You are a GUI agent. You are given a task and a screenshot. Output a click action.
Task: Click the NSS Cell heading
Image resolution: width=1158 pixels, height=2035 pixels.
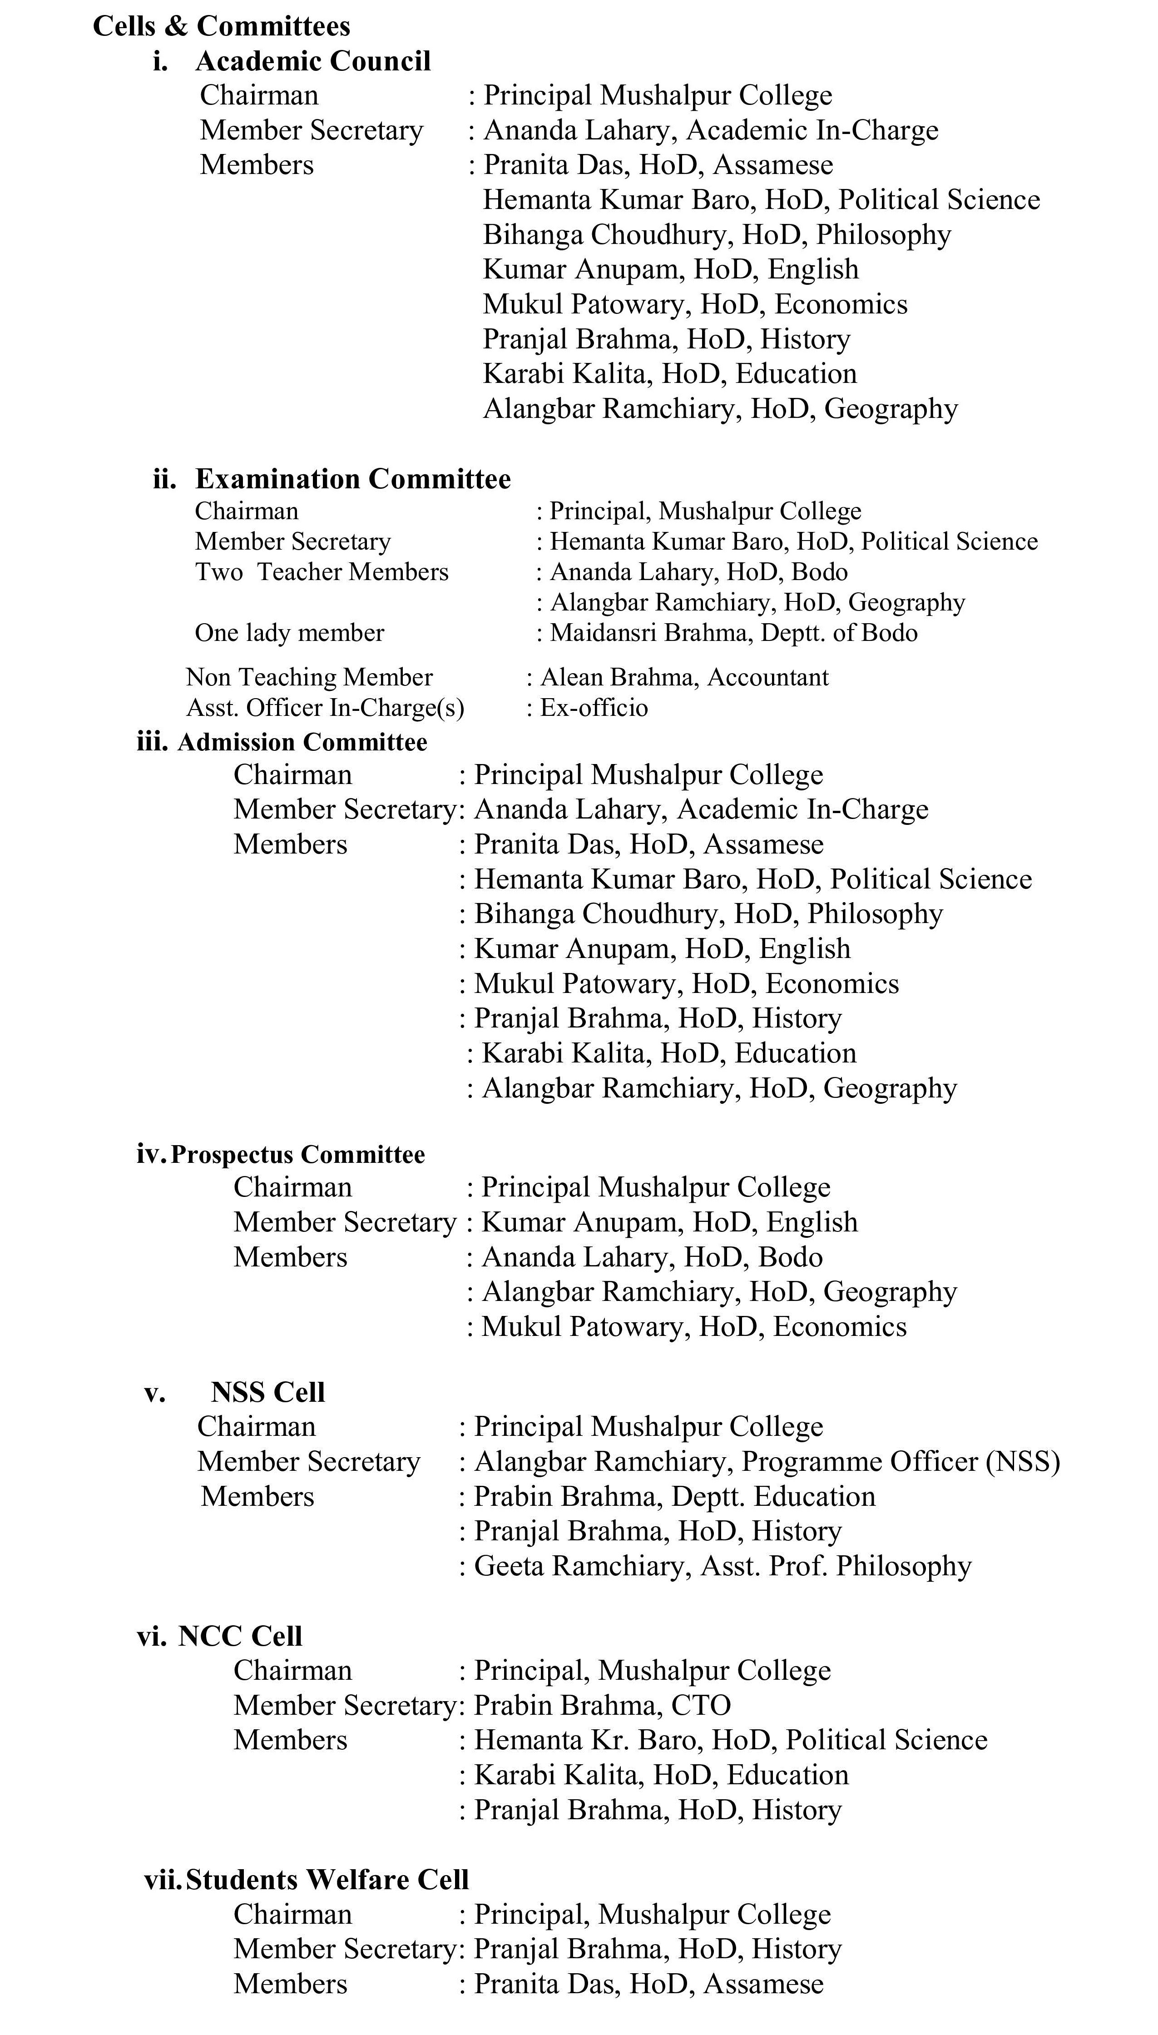click(x=268, y=1392)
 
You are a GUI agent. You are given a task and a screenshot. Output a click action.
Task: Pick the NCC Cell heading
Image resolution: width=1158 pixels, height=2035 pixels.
click(x=240, y=1636)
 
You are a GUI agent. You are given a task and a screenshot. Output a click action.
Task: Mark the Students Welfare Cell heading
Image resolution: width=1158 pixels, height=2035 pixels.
click(x=327, y=1879)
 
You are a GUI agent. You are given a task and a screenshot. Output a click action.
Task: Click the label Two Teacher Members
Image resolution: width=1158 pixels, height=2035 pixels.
click(x=322, y=572)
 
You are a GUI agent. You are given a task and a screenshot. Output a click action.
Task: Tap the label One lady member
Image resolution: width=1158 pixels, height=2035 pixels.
click(x=290, y=633)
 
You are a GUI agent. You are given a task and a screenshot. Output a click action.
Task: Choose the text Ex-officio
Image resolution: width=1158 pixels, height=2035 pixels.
click(x=594, y=708)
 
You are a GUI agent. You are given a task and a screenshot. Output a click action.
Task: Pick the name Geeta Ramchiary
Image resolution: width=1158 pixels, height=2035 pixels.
click(x=578, y=1566)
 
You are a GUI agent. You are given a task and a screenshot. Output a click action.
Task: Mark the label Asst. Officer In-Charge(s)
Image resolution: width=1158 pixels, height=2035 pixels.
click(x=325, y=708)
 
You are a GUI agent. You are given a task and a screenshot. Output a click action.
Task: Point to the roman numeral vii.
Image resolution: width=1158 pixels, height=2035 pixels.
click(x=162, y=1879)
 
